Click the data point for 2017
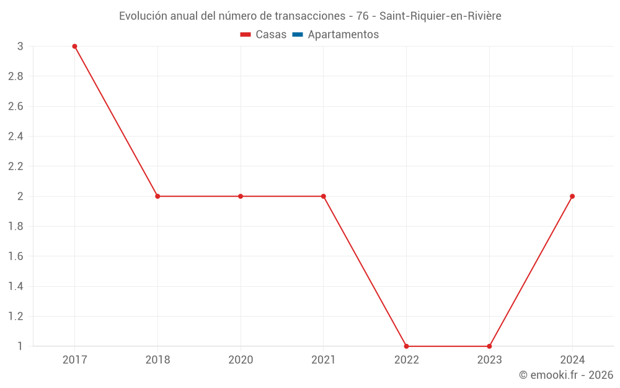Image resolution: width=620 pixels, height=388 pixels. pyautogui.click(x=74, y=47)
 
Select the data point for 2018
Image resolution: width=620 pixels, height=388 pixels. pyautogui.click(x=157, y=196)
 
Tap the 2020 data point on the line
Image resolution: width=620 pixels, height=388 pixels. pyautogui.click(x=241, y=196)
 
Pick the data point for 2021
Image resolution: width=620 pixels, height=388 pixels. pyautogui.click(x=323, y=196)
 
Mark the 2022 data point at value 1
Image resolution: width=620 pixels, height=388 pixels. pyautogui.click(x=406, y=346)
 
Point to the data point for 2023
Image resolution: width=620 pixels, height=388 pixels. pyautogui.click(x=489, y=346)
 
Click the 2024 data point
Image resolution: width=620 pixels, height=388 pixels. pyautogui.click(x=572, y=196)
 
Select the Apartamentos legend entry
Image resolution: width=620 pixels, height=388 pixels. pyautogui.click(x=343, y=35)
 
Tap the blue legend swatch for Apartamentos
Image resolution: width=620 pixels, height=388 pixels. pyautogui.click(x=297, y=35)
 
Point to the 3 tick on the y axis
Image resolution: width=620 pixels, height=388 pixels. pyautogui.click(x=20, y=47)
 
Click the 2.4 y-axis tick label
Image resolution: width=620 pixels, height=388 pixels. pyautogui.click(x=15, y=137)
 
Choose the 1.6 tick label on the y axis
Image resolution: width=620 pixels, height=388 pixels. pyautogui.click(x=15, y=256)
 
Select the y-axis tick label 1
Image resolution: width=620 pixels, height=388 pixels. pyautogui.click(x=20, y=346)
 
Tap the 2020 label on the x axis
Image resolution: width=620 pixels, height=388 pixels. pyautogui.click(x=241, y=359)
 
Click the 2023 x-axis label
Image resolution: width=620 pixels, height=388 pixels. pyautogui.click(x=489, y=359)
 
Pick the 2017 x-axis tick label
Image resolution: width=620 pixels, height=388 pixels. pyautogui.click(x=74, y=359)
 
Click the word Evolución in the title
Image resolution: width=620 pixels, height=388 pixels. pyautogui.click(x=142, y=16)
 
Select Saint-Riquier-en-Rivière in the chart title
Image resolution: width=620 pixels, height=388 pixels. pyautogui.click(x=440, y=16)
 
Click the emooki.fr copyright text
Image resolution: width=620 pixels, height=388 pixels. pyautogui.click(x=566, y=375)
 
